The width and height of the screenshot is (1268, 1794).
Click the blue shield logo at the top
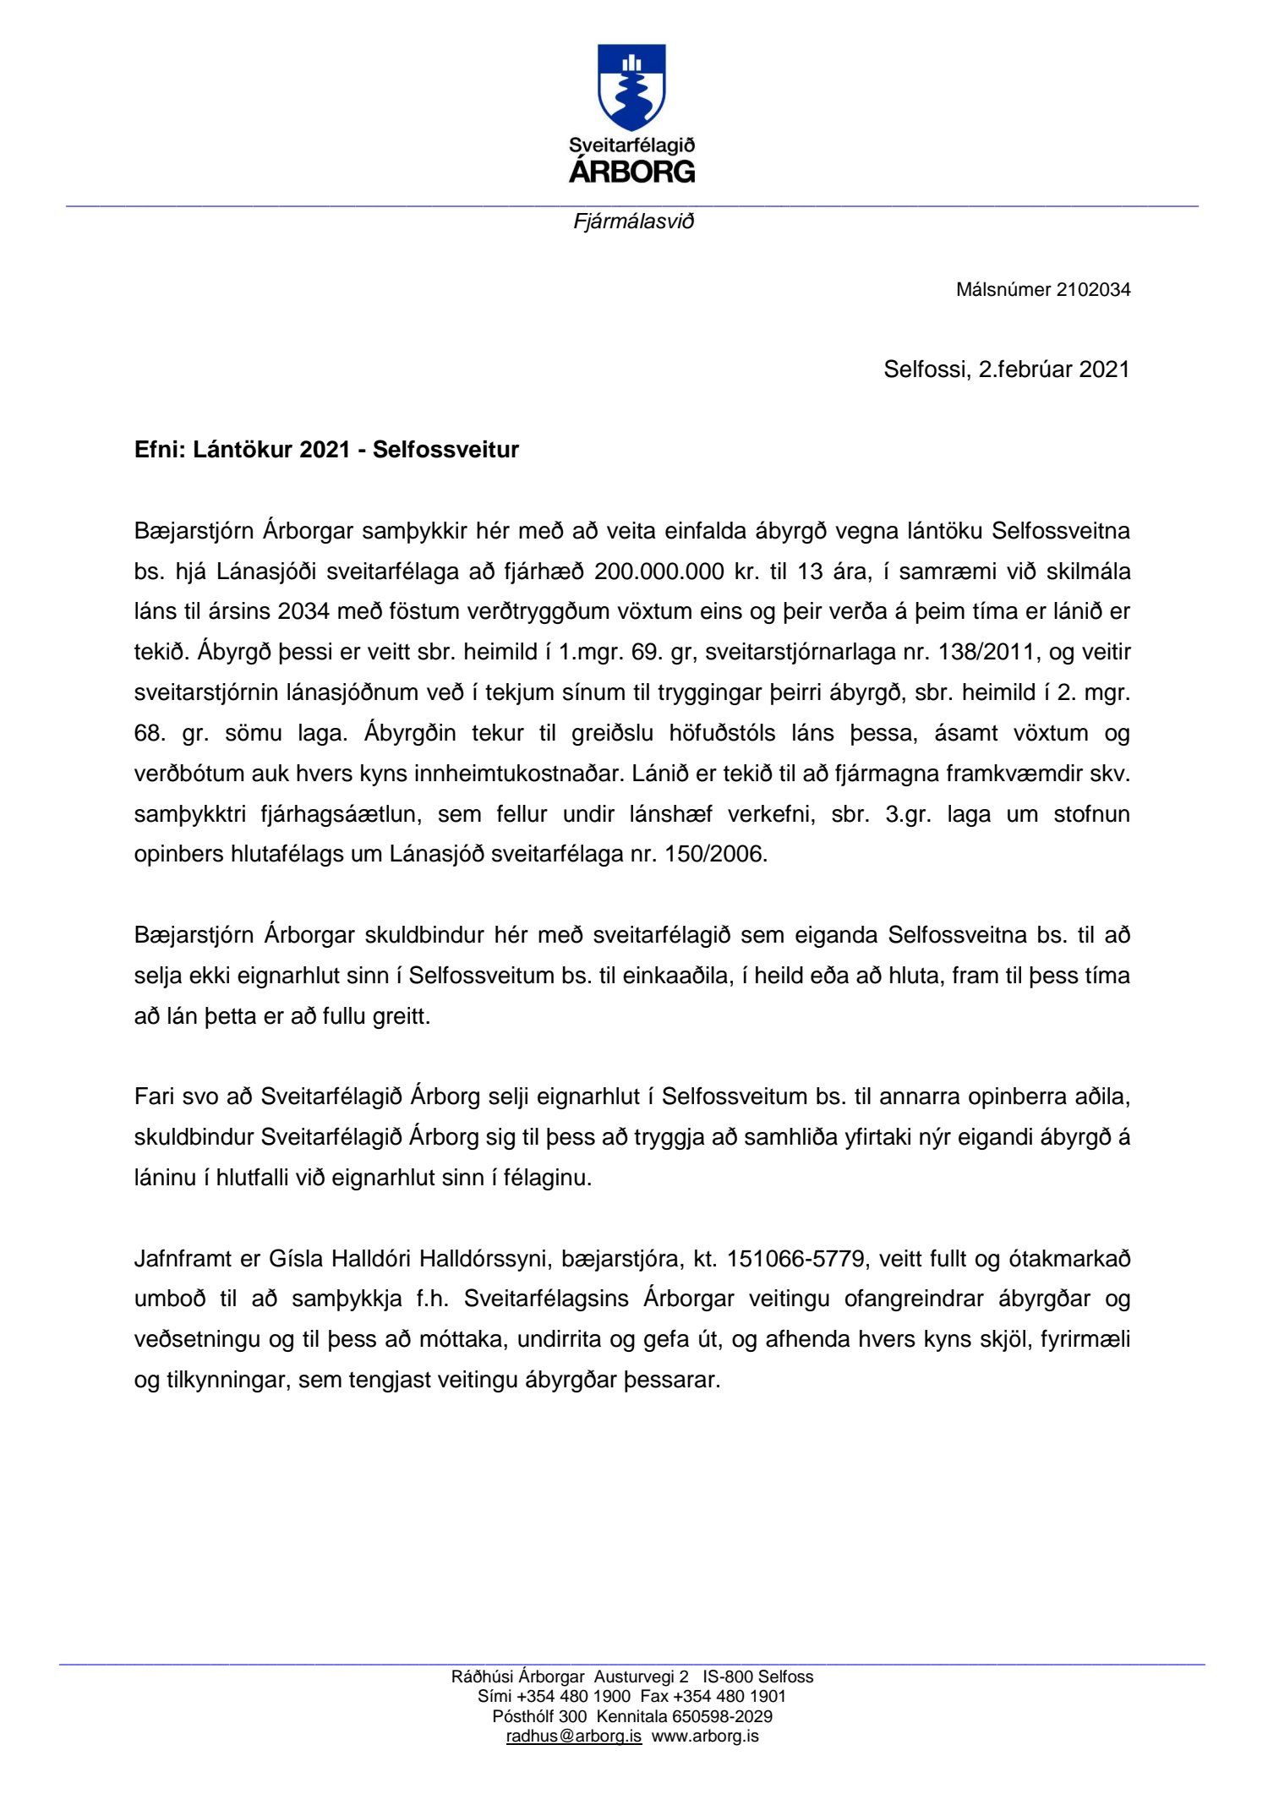pos(631,86)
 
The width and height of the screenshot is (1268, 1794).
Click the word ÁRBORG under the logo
pos(632,172)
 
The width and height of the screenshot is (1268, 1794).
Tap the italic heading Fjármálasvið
pos(633,222)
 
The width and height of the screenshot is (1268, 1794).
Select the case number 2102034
pos(1093,290)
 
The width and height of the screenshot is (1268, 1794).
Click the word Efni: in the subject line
pos(159,450)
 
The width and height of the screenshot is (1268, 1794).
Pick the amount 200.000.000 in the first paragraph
pos(659,572)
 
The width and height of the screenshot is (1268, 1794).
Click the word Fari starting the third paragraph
pos(154,1097)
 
